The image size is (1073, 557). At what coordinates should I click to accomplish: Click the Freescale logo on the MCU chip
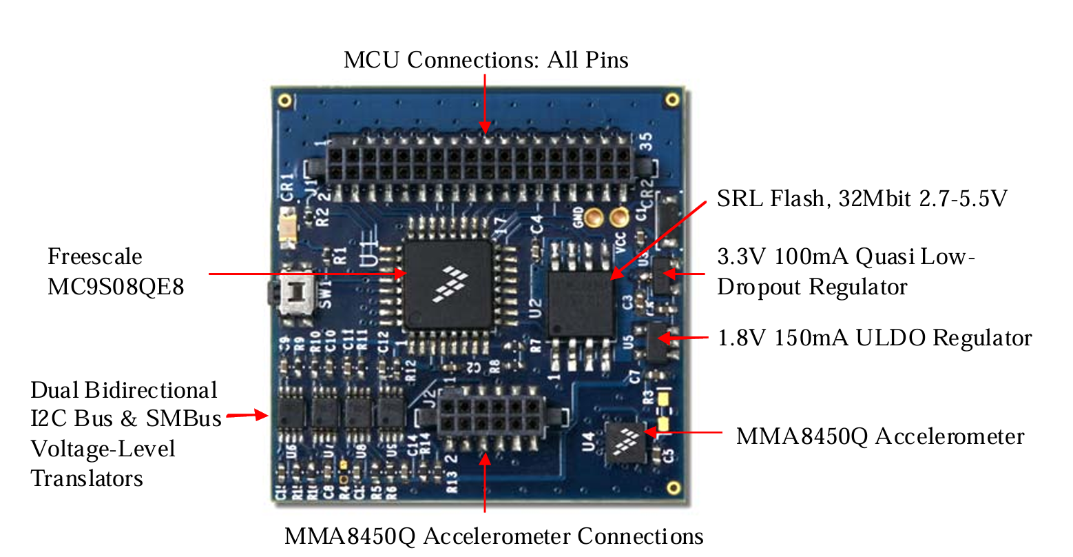[x=450, y=285]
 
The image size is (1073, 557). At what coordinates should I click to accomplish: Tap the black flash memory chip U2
[x=581, y=304]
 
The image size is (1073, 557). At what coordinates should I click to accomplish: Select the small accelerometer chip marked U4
[x=625, y=442]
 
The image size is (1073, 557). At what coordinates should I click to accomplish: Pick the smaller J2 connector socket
[x=490, y=415]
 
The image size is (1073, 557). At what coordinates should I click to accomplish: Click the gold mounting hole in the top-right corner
[x=672, y=101]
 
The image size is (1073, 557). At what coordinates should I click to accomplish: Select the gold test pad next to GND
[x=594, y=219]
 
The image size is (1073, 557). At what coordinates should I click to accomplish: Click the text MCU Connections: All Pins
[x=486, y=60]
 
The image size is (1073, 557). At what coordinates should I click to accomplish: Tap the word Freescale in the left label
[x=95, y=257]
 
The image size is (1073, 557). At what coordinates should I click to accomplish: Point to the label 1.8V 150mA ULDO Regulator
[x=874, y=338]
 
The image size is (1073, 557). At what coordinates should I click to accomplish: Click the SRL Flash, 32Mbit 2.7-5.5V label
[x=862, y=199]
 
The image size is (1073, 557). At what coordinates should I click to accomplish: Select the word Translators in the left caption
[x=87, y=478]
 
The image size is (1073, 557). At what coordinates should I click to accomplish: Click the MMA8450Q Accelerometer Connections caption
[x=494, y=536]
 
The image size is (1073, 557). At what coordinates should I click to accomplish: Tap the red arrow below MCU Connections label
[x=485, y=103]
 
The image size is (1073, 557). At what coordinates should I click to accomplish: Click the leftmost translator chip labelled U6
[x=291, y=414]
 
